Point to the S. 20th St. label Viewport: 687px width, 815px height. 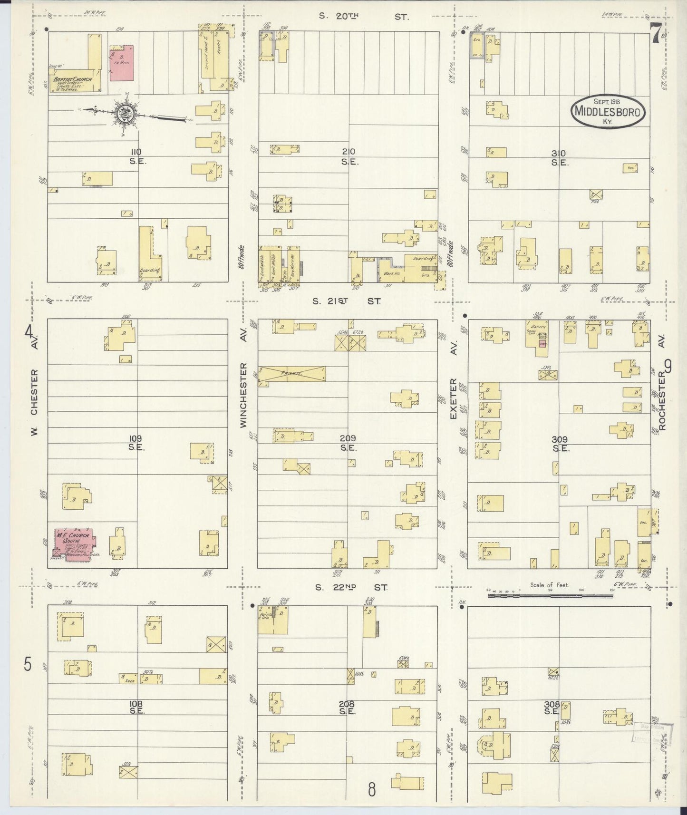(363, 17)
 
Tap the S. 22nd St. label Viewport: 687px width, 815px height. (352, 588)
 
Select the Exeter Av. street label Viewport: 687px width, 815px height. (453, 398)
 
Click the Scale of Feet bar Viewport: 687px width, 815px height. (551, 594)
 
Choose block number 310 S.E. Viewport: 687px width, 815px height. (559, 158)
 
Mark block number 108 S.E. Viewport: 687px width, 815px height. (136, 707)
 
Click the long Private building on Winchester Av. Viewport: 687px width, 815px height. (292, 374)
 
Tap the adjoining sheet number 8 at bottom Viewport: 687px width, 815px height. (372, 790)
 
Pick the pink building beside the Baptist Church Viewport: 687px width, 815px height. (122, 63)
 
